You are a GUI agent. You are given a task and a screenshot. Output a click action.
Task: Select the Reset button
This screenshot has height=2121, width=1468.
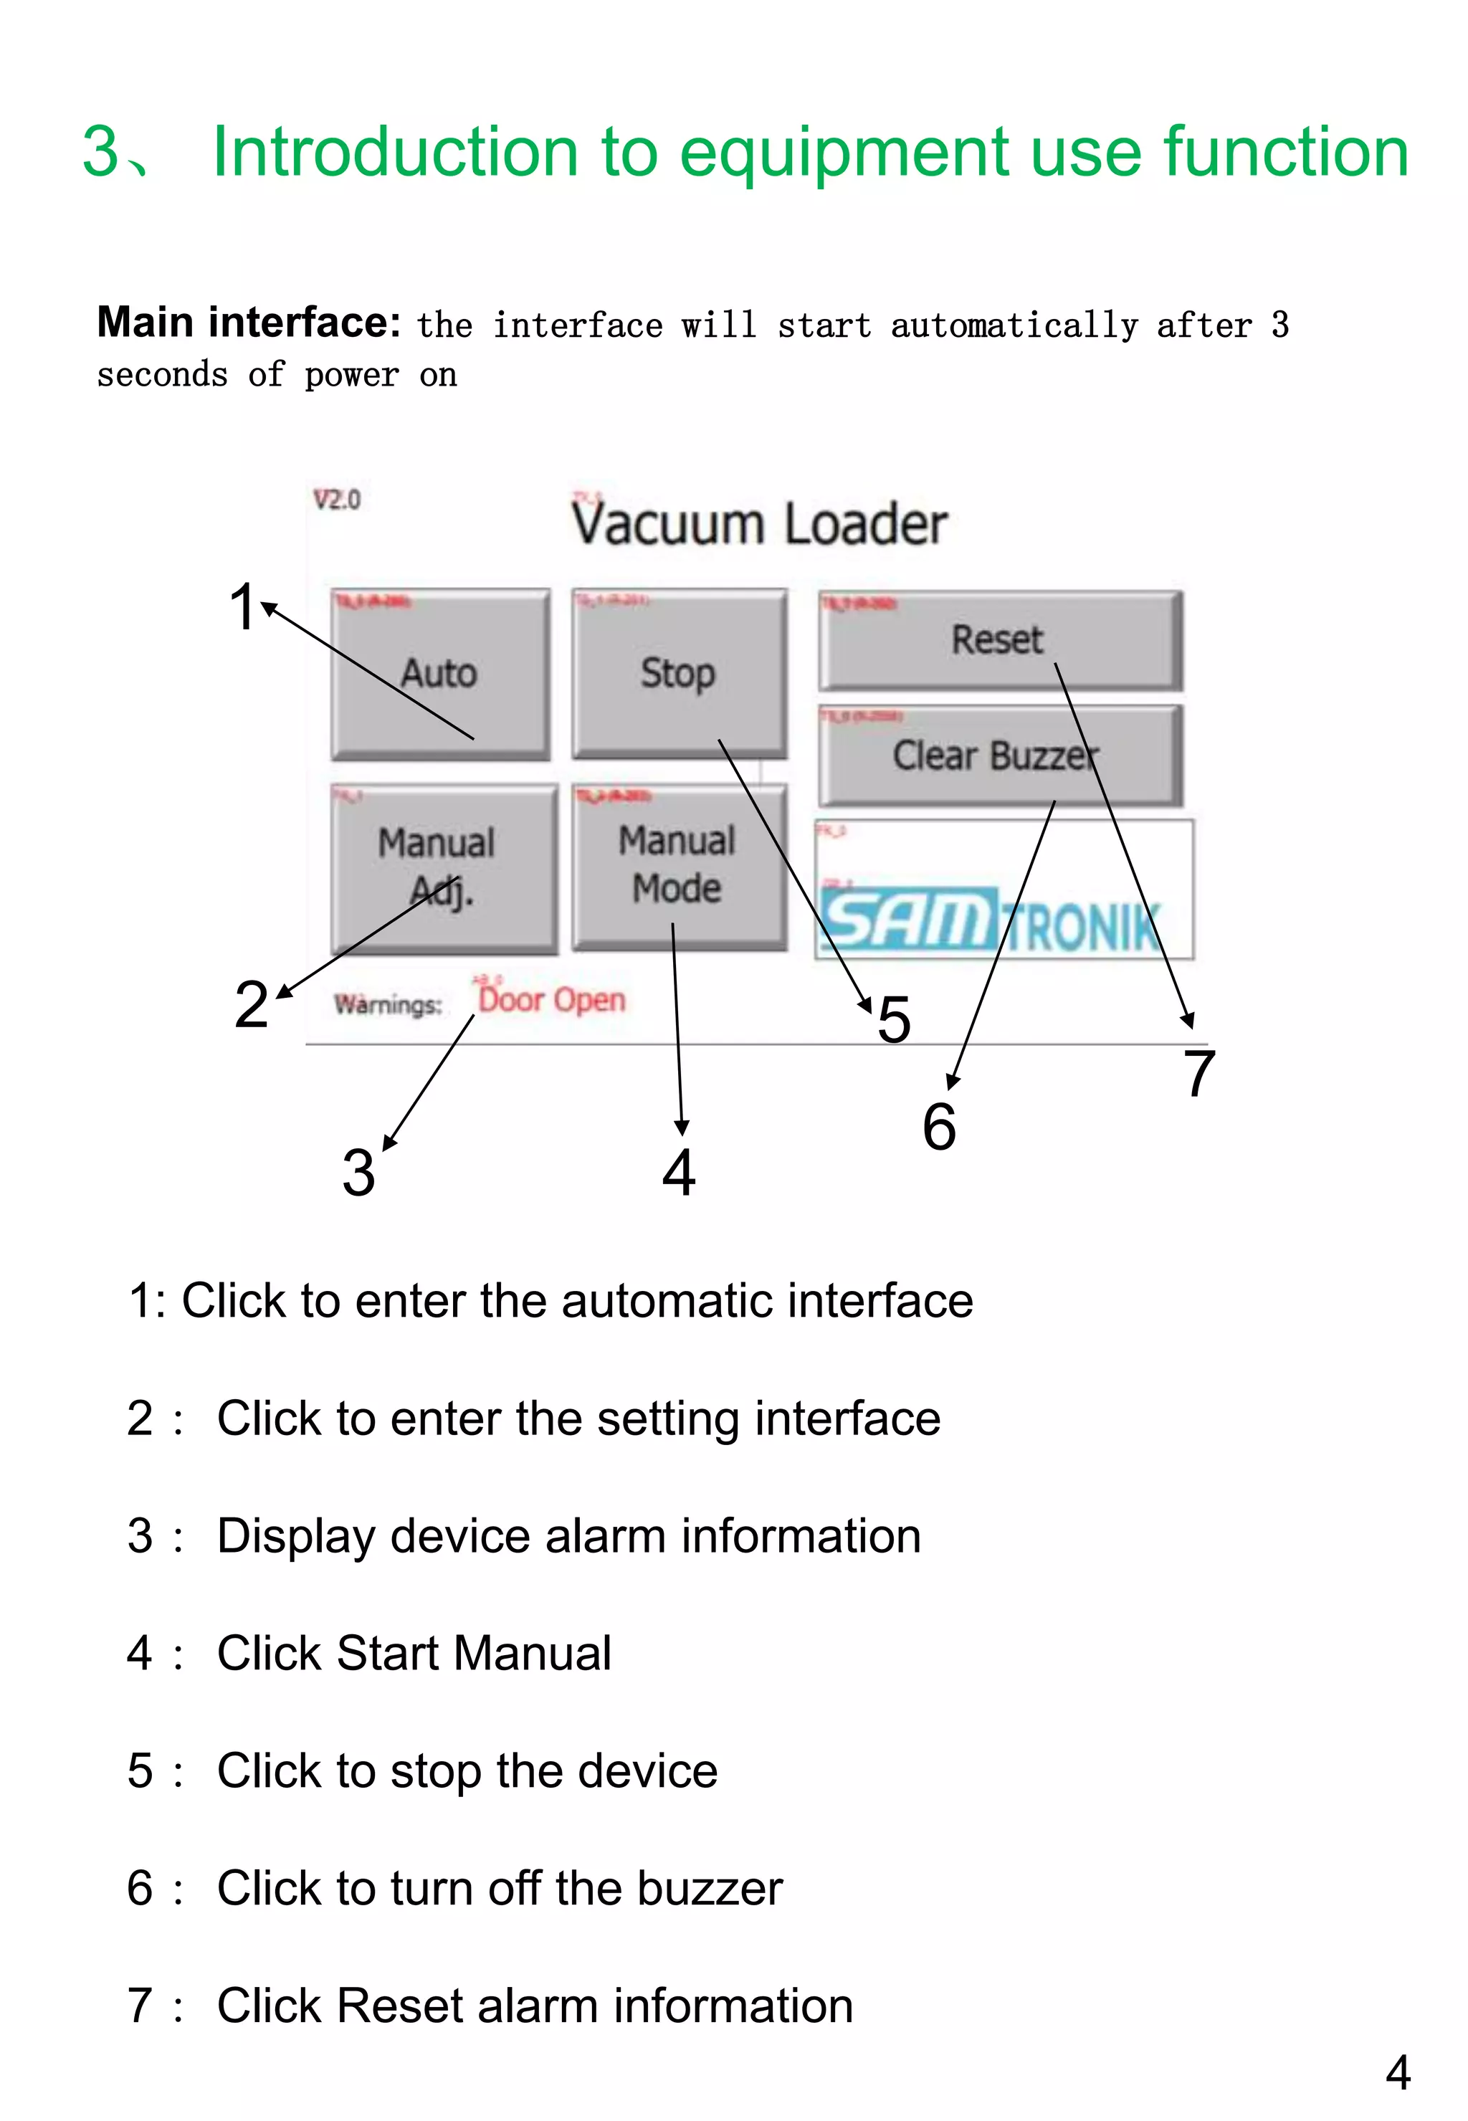(x=999, y=640)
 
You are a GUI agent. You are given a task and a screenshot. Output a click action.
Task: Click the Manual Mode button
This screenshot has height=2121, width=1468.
(x=678, y=864)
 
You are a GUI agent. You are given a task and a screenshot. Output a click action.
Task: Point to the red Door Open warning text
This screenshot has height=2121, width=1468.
(x=552, y=1000)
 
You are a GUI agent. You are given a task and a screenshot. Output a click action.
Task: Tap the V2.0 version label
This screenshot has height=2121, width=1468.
(x=337, y=500)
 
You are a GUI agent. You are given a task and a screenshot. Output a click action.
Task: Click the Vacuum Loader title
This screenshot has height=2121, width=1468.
(x=759, y=524)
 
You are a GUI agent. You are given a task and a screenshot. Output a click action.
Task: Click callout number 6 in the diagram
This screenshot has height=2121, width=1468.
(x=939, y=1127)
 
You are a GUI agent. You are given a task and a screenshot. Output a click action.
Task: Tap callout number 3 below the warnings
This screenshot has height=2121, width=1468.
(x=358, y=1173)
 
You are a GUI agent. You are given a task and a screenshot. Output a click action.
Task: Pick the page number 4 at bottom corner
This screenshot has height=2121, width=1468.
(x=1397, y=2073)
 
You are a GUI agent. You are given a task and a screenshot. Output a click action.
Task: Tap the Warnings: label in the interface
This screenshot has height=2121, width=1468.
(x=387, y=1004)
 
